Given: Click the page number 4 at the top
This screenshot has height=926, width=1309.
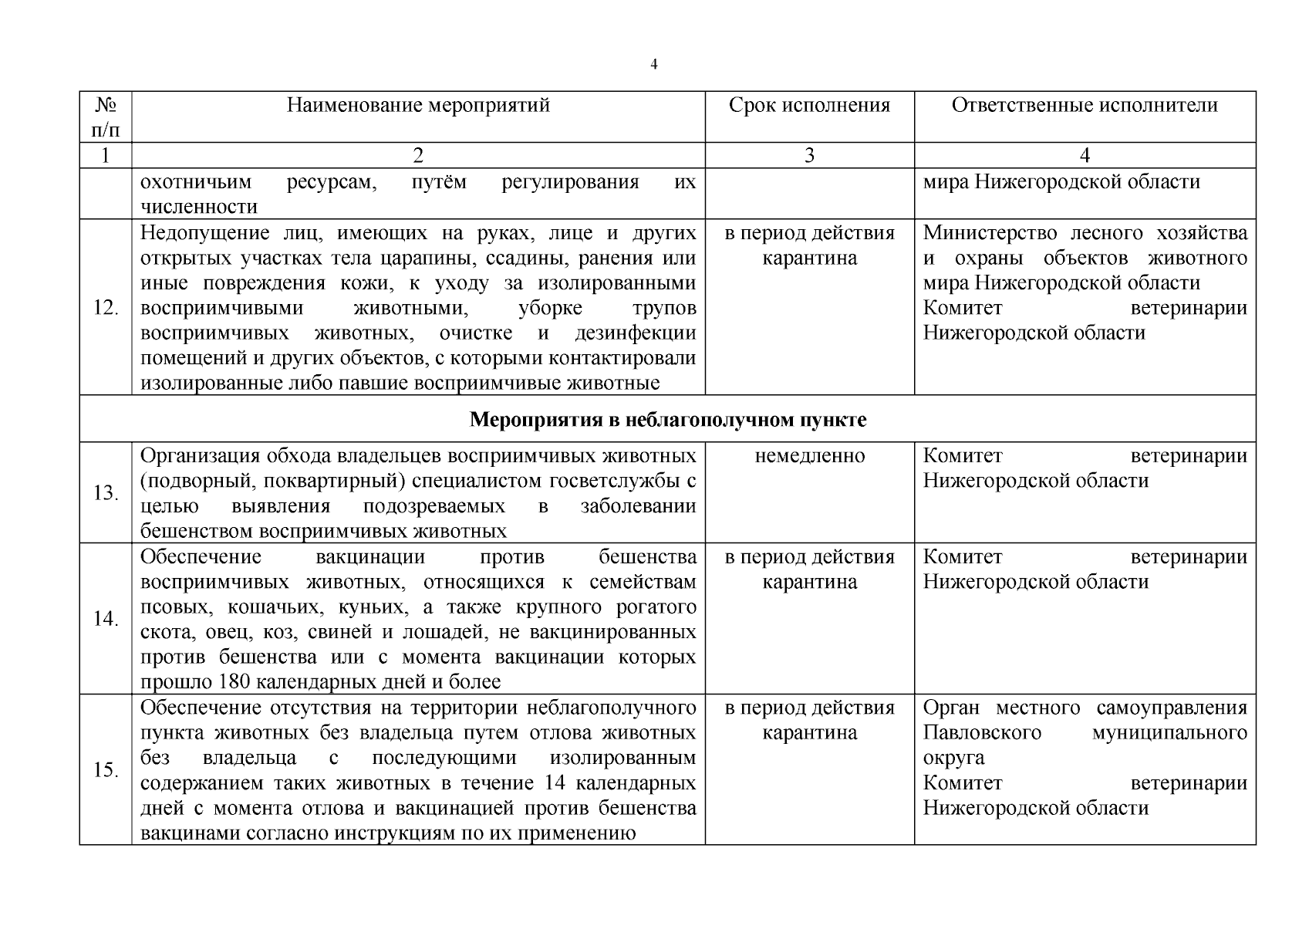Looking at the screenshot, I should click(654, 65).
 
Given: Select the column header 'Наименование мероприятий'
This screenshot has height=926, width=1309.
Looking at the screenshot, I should click(418, 105).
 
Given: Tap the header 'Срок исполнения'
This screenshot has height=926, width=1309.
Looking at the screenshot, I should click(809, 105).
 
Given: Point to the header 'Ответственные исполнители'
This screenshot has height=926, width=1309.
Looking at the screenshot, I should click(1085, 105).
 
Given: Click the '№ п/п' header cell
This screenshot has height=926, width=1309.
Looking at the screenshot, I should click(105, 117).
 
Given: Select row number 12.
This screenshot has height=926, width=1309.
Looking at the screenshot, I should click(106, 308).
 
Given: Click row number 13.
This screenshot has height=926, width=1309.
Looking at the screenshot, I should click(106, 492).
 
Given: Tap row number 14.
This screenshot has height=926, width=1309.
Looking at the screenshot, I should click(106, 619).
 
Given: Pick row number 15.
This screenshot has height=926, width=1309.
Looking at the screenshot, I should click(106, 770).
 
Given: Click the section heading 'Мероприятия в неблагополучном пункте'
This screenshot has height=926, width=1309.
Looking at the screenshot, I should click(667, 420).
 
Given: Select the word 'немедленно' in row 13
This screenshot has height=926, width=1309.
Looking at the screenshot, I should click(809, 456).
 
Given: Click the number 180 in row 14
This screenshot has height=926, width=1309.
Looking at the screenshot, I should click(234, 682).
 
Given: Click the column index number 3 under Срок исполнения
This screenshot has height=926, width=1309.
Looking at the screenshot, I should click(809, 156).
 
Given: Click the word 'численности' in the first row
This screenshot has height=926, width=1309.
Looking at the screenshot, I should click(199, 207).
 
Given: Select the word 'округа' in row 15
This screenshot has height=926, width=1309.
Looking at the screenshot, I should click(953, 758).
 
